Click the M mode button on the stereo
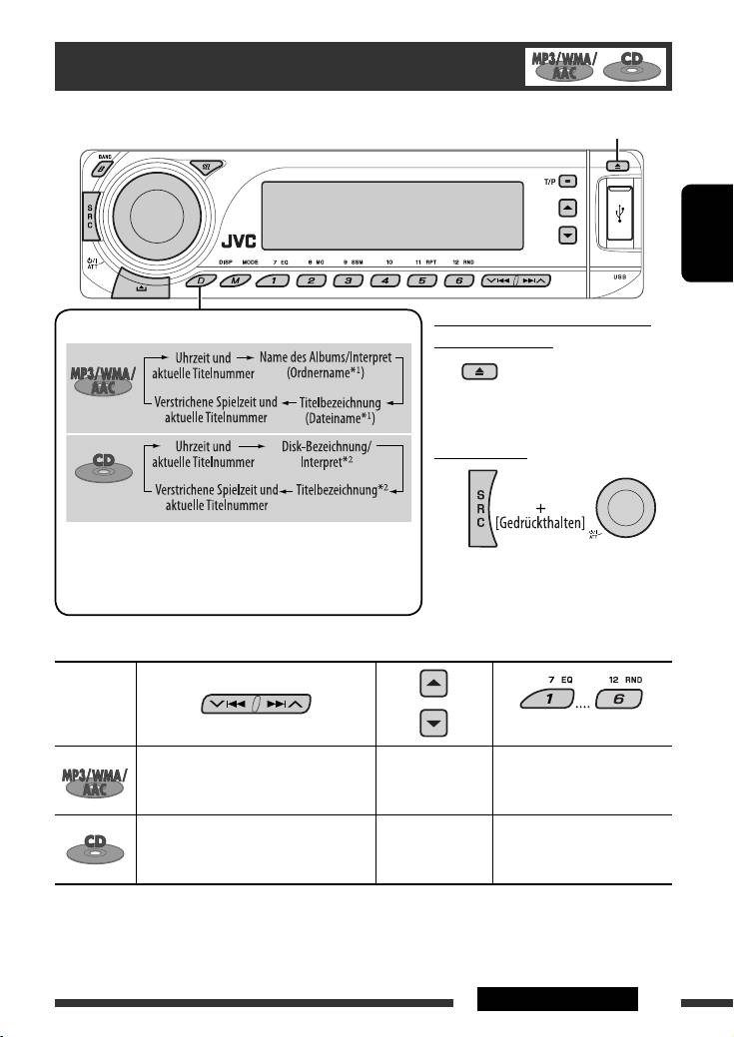pos(236,282)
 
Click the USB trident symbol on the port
pos(621,212)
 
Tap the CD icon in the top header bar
pos(632,66)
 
